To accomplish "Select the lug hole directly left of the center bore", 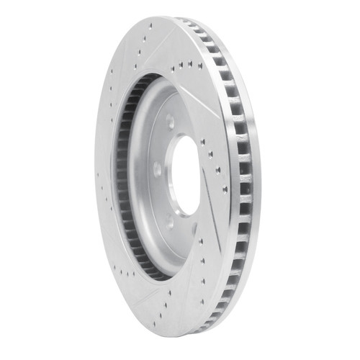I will [157, 170].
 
